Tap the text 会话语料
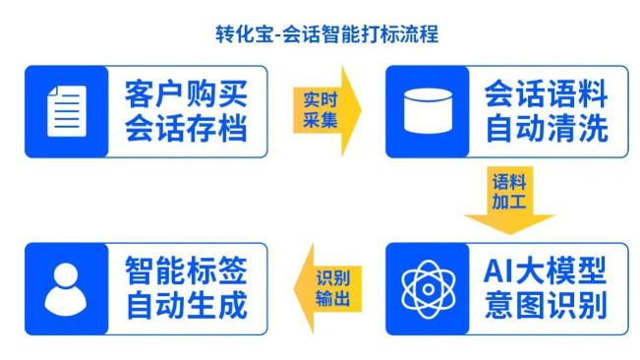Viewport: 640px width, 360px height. coord(546,94)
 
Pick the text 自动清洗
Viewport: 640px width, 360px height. coord(546,129)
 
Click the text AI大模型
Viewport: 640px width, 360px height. coord(546,270)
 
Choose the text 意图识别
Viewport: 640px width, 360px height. coord(546,305)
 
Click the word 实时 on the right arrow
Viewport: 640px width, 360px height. coord(320,100)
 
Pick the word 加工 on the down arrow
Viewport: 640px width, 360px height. coord(508,203)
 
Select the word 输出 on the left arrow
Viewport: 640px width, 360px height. coord(332,298)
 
